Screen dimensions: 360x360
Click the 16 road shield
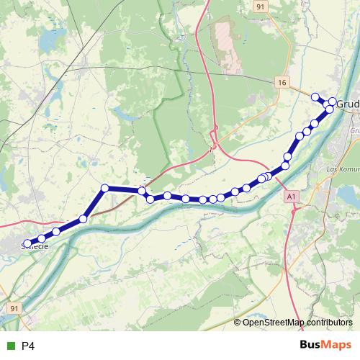click(x=282, y=84)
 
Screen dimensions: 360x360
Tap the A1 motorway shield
click(x=291, y=196)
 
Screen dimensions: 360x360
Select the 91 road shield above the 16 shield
click(x=261, y=6)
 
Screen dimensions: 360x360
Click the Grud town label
click(x=347, y=104)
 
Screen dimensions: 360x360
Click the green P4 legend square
click(x=9, y=346)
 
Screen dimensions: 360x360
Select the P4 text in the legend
click(x=28, y=346)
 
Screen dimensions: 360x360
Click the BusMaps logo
click(x=325, y=346)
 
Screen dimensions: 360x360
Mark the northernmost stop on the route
click(x=315, y=96)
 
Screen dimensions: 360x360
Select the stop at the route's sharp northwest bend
click(x=105, y=188)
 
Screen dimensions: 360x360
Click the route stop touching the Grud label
click(x=333, y=102)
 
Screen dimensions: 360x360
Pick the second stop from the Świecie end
click(x=42, y=238)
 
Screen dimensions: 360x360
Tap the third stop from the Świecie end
click(x=56, y=231)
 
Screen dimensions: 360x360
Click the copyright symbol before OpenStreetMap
click(x=238, y=322)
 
